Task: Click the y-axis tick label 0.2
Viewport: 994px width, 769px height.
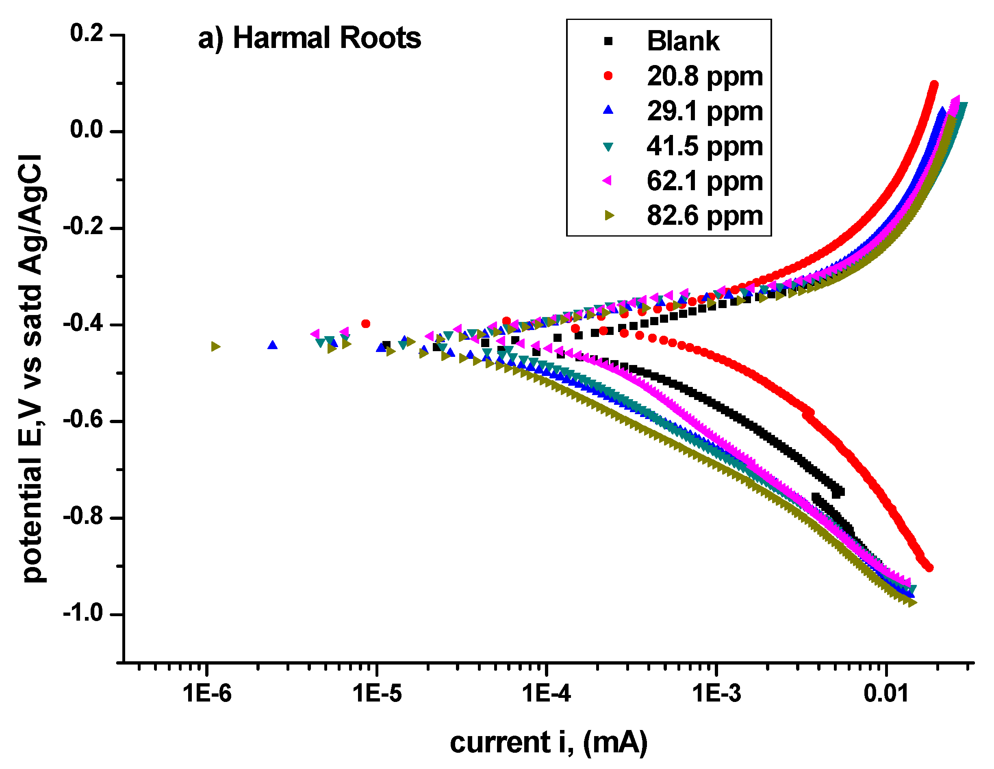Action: (87, 33)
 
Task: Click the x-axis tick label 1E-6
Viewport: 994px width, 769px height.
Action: (207, 694)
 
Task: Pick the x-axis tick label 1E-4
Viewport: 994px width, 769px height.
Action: (546, 694)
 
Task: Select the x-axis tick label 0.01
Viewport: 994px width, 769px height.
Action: (885, 694)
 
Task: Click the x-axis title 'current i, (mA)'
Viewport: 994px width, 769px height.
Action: (549, 743)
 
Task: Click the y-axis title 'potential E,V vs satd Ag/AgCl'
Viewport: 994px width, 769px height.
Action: (32, 369)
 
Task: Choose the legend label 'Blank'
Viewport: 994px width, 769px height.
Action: (683, 41)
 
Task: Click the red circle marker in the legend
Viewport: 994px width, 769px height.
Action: (608, 76)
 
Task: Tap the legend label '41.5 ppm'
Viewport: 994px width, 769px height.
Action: (705, 146)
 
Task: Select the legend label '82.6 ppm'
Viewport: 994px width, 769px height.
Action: (705, 216)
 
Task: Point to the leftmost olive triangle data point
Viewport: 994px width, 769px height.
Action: (216, 346)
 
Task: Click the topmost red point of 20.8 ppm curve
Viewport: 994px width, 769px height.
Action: (934, 85)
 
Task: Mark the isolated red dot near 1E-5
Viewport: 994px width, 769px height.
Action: (365, 324)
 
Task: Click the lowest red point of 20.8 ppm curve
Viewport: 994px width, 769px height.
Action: (929, 568)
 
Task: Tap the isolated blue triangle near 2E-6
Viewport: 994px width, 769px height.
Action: (272, 345)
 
